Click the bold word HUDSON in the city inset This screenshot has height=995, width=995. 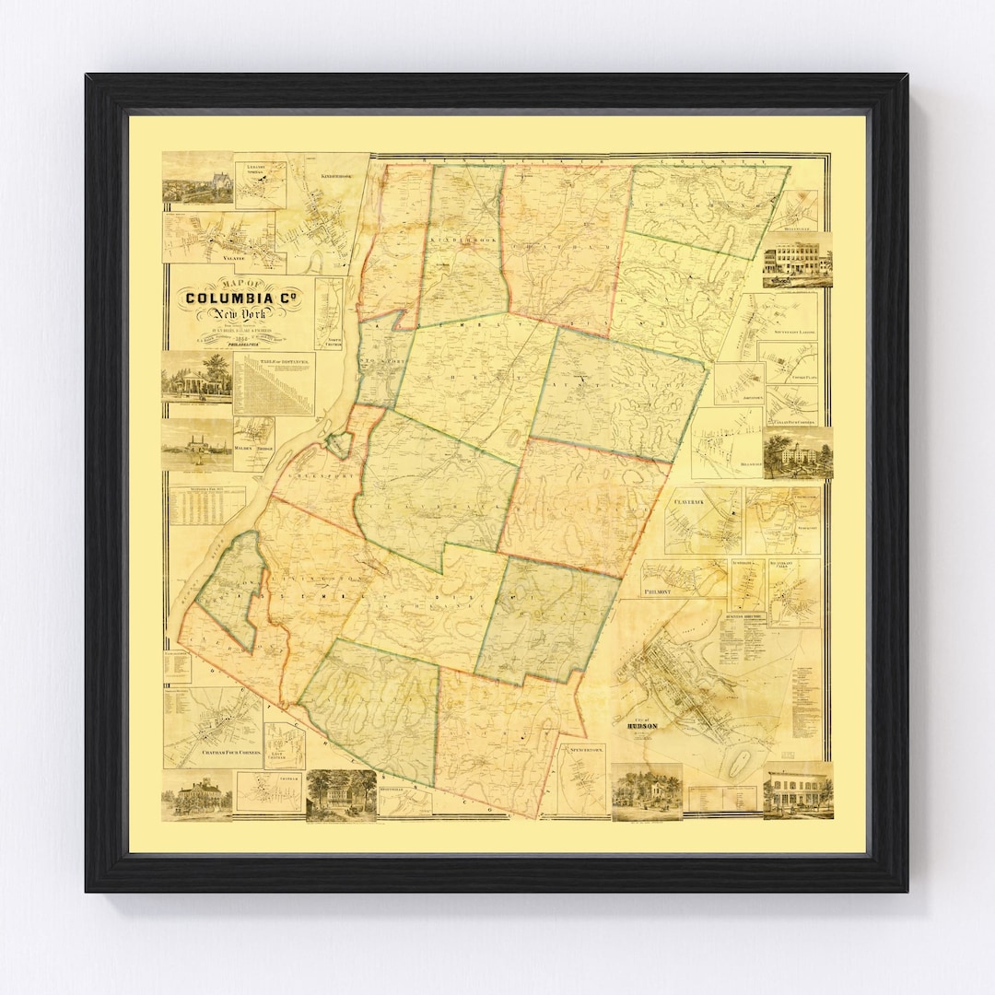click(x=640, y=725)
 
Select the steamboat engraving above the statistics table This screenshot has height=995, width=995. click(x=197, y=446)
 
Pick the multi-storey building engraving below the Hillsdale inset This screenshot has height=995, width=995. click(x=797, y=260)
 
